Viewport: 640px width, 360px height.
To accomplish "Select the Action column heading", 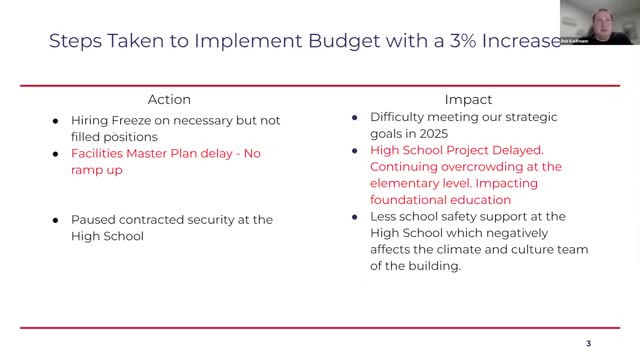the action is coord(169,100).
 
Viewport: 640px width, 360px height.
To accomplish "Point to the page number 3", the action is coord(588,343).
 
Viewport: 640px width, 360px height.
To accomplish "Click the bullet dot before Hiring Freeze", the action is coord(57,119).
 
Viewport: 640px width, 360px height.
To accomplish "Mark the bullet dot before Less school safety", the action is coord(356,217).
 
